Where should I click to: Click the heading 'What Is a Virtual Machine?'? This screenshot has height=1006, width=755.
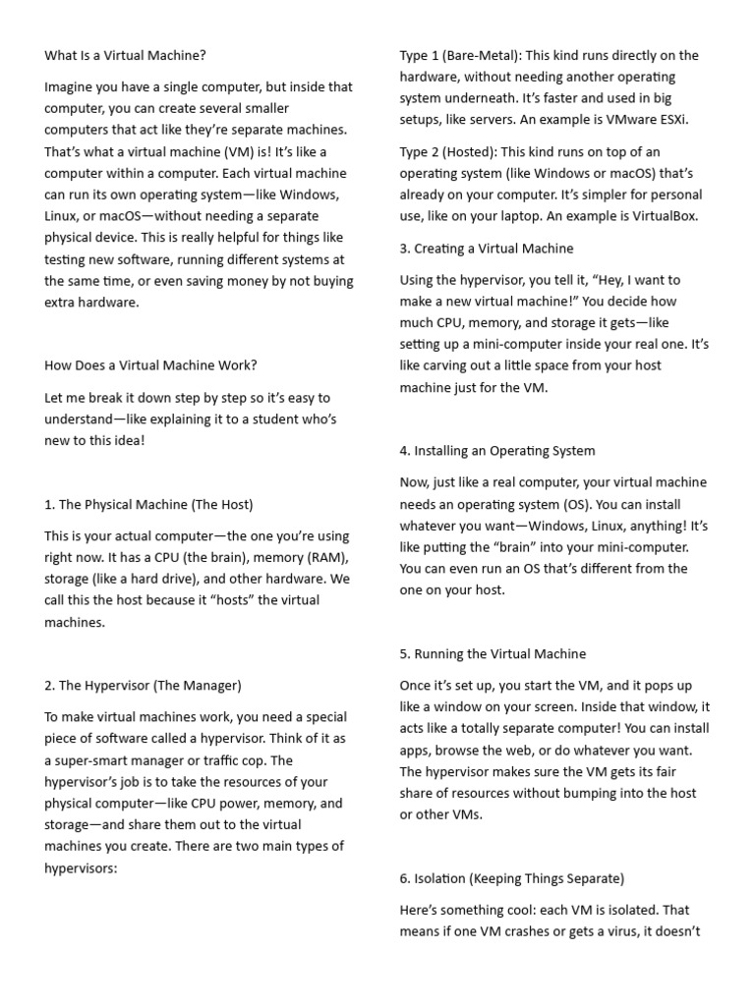[125, 55]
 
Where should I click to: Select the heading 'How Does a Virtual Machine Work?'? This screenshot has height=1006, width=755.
[150, 365]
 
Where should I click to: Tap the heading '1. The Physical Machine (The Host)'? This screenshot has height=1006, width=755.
[148, 504]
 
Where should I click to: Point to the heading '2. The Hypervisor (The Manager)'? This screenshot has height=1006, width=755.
[143, 685]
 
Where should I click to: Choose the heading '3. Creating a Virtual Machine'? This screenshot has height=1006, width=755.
[487, 248]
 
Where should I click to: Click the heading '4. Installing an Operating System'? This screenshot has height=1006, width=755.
[497, 450]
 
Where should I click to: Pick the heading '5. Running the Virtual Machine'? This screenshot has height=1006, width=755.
[493, 653]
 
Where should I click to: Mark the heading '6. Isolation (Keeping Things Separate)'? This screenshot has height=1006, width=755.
[512, 878]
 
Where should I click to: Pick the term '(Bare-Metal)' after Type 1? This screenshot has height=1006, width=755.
[484, 55]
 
